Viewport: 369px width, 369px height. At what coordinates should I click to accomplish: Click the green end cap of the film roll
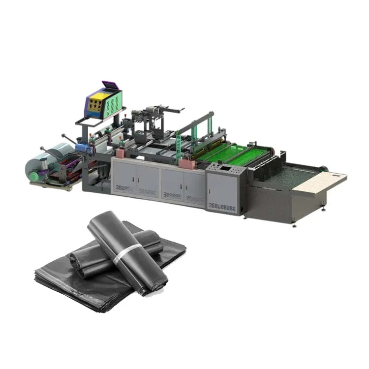(34, 176)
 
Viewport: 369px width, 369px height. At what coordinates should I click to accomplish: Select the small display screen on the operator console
(225, 168)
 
